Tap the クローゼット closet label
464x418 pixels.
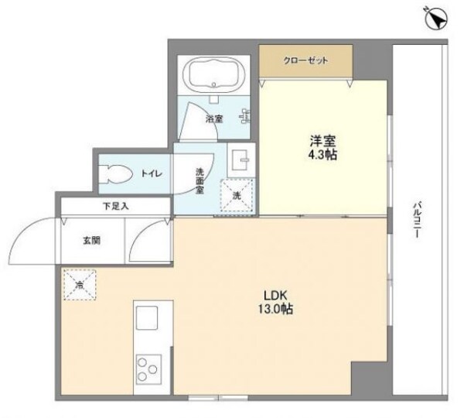[305, 60]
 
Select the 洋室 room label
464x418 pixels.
[322, 141]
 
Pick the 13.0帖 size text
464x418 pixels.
[275, 309]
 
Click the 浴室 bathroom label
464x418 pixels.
[214, 119]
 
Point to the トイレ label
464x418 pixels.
[152, 174]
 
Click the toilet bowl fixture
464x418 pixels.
[116, 173]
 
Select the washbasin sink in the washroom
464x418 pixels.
[241, 159]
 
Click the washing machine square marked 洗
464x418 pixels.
[234, 195]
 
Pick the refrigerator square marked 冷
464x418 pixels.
[79, 284]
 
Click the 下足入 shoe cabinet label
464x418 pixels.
[117, 206]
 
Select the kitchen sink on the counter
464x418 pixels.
[148, 319]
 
